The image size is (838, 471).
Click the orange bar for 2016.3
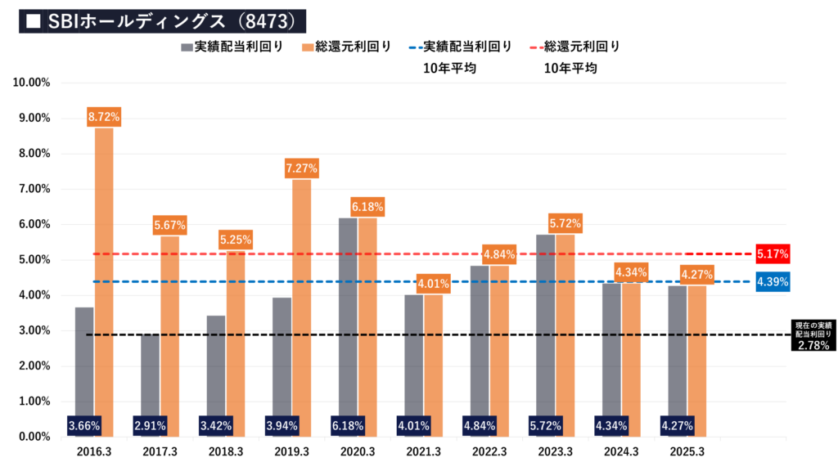(x=103, y=278)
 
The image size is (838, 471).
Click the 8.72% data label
(x=103, y=117)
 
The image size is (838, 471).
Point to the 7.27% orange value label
(x=302, y=168)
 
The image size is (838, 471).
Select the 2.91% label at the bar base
(x=150, y=425)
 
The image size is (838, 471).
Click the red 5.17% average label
(x=772, y=254)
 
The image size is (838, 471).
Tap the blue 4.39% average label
(x=772, y=282)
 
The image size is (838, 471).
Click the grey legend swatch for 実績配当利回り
(x=187, y=47)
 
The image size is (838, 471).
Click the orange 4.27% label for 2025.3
(x=697, y=275)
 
